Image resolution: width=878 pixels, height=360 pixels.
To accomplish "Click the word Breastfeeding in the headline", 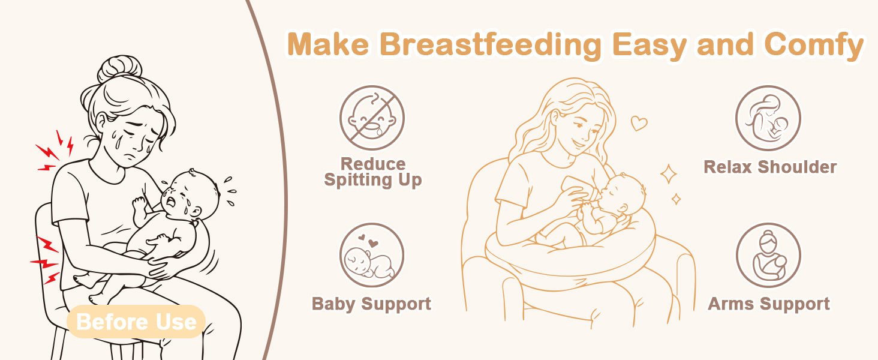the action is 490,45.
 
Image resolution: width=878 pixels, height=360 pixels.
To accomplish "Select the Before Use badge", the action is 136,322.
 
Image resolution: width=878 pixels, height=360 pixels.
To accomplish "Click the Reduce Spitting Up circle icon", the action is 372,118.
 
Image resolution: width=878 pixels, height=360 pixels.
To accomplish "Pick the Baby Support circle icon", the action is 372,255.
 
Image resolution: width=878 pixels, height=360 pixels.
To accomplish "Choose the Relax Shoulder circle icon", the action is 768,118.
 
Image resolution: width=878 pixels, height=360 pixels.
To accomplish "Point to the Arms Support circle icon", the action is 768,255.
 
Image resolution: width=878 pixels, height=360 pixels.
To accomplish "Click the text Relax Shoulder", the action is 770,167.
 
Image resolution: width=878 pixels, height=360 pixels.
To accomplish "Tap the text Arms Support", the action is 769,304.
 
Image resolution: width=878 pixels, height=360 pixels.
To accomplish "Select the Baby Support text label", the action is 371,304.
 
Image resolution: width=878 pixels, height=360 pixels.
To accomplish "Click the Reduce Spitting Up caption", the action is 373,172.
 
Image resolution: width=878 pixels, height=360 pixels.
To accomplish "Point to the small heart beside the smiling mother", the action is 639,123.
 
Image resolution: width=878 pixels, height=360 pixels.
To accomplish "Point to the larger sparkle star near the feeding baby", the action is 668,174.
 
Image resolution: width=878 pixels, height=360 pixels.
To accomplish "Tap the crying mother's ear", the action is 101,122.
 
